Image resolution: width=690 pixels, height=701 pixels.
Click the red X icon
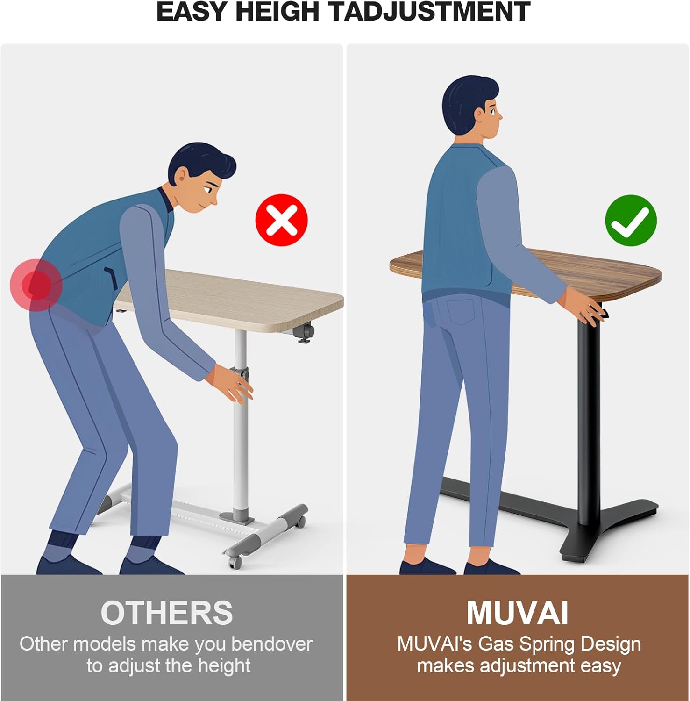click(x=281, y=220)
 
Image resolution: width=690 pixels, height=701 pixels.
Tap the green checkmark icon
click(x=631, y=221)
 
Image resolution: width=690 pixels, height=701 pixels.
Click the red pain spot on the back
click(x=36, y=285)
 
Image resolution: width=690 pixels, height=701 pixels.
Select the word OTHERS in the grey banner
click(x=167, y=613)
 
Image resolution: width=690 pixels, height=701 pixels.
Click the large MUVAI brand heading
click(x=517, y=613)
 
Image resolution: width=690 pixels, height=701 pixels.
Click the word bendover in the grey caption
click(x=272, y=644)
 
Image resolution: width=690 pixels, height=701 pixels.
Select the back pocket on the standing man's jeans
click(x=461, y=311)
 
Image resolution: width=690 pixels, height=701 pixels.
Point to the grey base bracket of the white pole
click(x=237, y=517)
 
